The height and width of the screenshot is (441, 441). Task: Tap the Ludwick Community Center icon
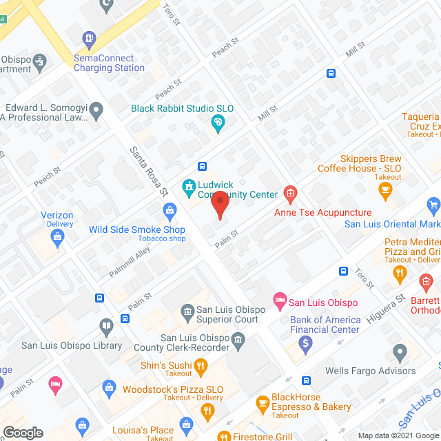[187, 186]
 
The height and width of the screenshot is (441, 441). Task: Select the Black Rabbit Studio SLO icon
[218, 123]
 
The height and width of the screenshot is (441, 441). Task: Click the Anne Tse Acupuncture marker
[290, 194]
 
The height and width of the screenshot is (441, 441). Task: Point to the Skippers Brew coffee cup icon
[387, 188]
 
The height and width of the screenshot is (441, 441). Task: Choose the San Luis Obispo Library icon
[106, 325]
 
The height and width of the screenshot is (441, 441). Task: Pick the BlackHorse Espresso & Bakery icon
[262, 402]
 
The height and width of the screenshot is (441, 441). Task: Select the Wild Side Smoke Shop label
[136, 229]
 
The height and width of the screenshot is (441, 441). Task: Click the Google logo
[23, 433]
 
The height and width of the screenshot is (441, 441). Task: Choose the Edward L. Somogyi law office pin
[97, 108]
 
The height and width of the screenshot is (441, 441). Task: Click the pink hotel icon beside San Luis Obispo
[279, 300]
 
